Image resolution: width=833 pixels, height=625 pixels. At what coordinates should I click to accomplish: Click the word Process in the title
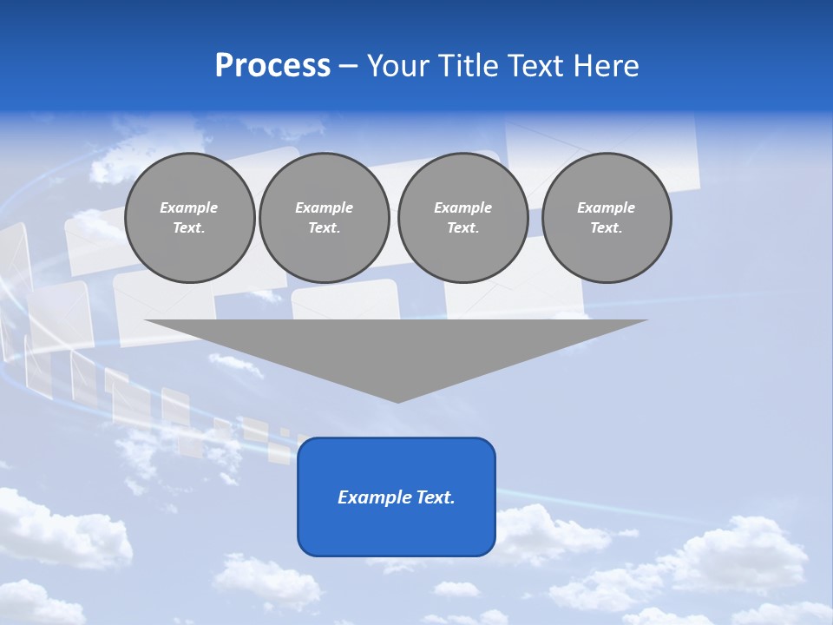point(272,66)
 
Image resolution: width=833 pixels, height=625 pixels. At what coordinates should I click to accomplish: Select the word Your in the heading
point(398,66)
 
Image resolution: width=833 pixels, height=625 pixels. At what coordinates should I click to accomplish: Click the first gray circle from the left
point(189,218)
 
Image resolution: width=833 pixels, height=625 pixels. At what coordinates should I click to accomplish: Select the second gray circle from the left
point(324,218)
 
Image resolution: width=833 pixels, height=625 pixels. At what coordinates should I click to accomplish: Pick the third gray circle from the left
point(462,218)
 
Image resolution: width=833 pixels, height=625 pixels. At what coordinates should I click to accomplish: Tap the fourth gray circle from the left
point(607,218)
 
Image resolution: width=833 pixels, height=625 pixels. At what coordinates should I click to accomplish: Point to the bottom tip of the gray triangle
point(397,401)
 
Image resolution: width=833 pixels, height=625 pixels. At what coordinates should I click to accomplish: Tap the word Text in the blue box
point(435,497)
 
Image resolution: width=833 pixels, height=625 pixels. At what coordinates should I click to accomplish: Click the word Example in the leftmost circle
point(189,207)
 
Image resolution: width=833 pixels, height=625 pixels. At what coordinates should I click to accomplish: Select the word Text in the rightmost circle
point(607,228)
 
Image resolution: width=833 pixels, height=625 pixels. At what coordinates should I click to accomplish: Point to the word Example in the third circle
point(462,207)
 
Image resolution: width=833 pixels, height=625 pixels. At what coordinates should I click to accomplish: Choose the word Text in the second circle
point(324,228)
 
